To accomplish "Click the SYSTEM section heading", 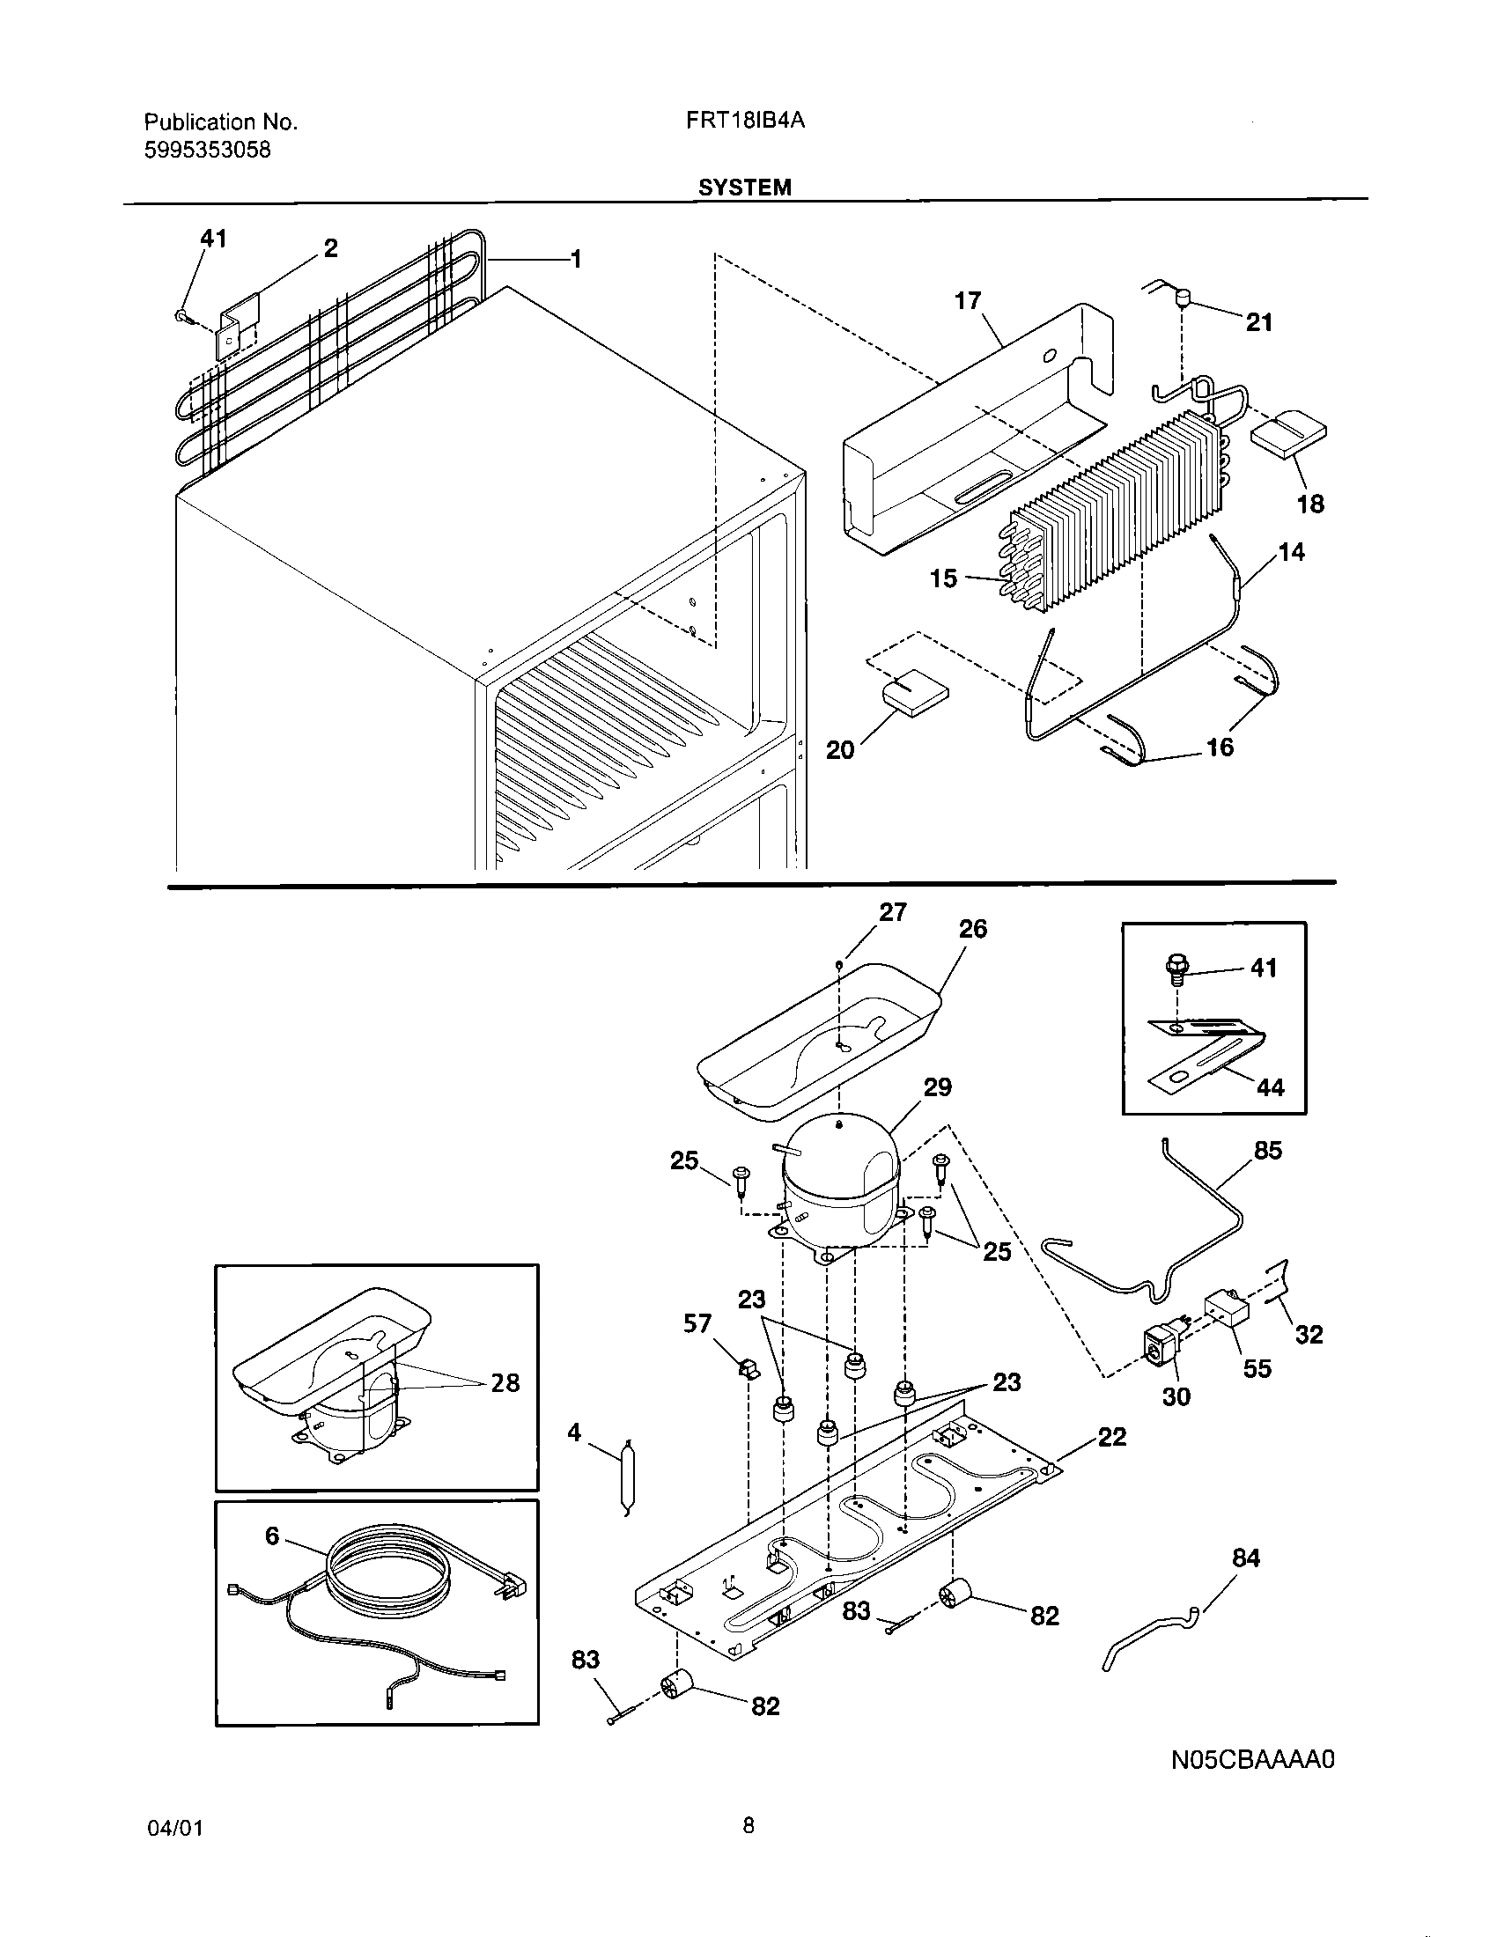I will tap(744, 188).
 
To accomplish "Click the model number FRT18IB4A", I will tap(744, 122).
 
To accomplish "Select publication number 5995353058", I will tap(208, 150).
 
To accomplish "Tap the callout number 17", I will tap(968, 300).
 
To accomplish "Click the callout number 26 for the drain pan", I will tap(973, 929).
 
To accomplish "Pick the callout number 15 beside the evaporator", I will tap(944, 578).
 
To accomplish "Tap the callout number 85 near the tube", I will tap(1268, 1151).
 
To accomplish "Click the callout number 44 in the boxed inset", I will tap(1270, 1086).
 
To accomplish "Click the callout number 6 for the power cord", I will tap(272, 1536).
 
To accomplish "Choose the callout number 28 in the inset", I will tap(505, 1382).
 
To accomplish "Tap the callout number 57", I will tap(697, 1323).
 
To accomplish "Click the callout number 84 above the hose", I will tap(1246, 1558).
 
